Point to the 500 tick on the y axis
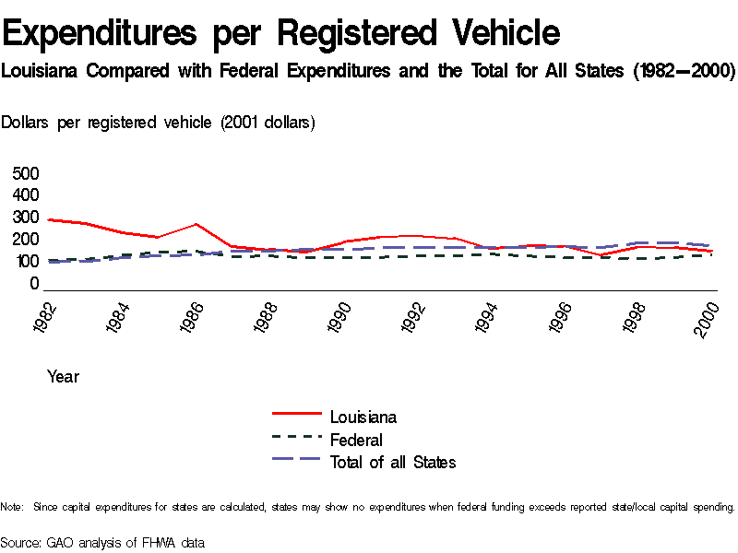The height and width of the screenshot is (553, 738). (26, 174)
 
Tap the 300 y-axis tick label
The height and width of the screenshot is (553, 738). (26, 218)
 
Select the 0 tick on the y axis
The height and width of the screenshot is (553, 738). (34, 284)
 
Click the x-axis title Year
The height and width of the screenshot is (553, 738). (63, 376)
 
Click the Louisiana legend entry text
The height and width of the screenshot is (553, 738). (363, 418)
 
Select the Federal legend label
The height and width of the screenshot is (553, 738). (356, 440)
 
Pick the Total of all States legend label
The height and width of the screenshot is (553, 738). (393, 462)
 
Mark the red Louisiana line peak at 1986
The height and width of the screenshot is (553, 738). (196, 224)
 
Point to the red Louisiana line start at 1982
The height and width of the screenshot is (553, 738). (48, 219)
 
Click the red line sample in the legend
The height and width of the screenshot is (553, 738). (296, 417)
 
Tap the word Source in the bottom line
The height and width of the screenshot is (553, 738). (21, 542)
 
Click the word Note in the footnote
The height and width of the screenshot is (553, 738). (11, 507)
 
